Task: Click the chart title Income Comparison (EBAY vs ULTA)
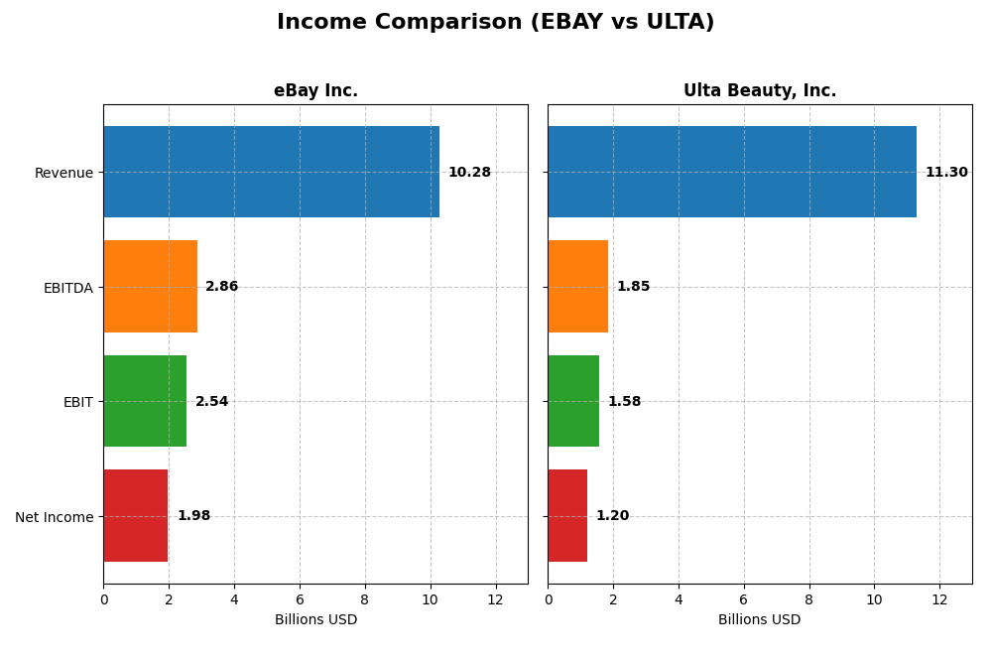(x=495, y=23)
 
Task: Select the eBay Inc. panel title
(x=315, y=91)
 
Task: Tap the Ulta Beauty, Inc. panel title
(x=759, y=91)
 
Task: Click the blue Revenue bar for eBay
(x=271, y=172)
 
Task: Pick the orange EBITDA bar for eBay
(x=150, y=286)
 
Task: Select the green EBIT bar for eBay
(x=145, y=401)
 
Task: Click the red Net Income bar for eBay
(x=136, y=516)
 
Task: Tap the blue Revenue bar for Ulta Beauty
(x=731, y=172)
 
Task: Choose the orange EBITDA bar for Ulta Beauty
(x=577, y=286)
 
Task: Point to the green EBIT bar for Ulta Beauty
(x=573, y=401)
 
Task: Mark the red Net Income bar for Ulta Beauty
(x=567, y=516)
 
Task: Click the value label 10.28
(x=469, y=173)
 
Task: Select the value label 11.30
(x=946, y=173)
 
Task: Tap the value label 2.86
(x=221, y=287)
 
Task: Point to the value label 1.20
(x=612, y=516)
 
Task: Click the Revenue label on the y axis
(x=63, y=173)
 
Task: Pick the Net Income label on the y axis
(x=54, y=517)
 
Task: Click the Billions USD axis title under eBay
(x=315, y=620)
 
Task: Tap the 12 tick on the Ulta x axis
(x=938, y=599)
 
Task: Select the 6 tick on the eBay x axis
(x=300, y=599)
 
